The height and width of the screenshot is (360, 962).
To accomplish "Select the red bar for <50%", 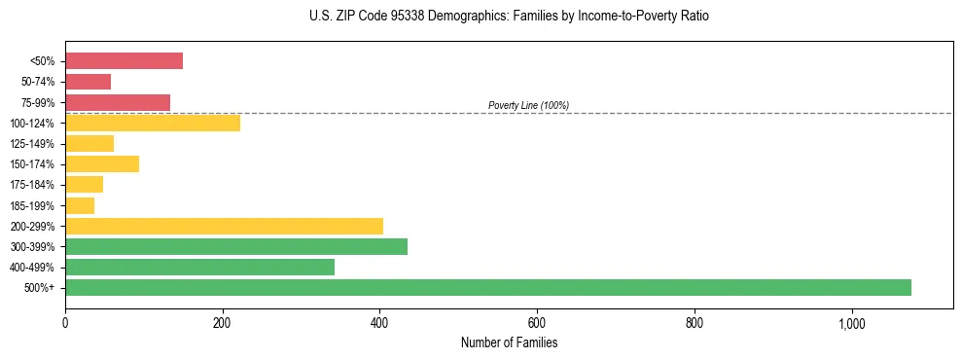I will click(124, 61).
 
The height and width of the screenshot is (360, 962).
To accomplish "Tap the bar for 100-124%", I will click(153, 123).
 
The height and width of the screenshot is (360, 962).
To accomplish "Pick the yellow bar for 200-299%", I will click(224, 226).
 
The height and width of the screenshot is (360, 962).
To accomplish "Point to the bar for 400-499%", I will click(199, 267).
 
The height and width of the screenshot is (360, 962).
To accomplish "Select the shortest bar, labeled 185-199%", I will click(80, 205).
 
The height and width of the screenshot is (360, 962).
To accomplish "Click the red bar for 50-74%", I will click(88, 82).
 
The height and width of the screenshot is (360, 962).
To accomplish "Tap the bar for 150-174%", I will click(102, 163).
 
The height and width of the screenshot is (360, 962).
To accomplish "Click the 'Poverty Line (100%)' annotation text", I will click(528, 105).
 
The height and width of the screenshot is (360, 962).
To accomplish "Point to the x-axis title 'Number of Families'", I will click(509, 342).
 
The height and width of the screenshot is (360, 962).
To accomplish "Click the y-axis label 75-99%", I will click(38, 102).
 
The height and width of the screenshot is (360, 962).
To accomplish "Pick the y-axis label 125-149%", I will click(34, 144).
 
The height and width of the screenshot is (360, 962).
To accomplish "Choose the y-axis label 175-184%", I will click(34, 185).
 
